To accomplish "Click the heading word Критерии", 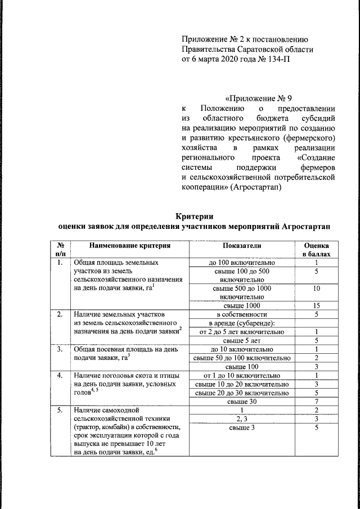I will point(195,216).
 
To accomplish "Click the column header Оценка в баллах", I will point(317,250).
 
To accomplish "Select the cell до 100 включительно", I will point(241,262).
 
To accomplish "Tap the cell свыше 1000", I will point(241,305).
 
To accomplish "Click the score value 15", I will point(317,305).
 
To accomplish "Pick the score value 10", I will point(317,288).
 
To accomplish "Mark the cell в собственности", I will point(241,314).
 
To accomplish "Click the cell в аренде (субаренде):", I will point(241,323).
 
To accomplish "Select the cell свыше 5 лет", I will point(241,340).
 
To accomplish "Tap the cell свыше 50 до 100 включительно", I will point(241,358).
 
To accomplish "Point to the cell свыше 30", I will point(241,401).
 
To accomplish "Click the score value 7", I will point(317,401).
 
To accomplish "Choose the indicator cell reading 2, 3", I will point(241,419).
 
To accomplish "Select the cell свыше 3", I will point(241,428).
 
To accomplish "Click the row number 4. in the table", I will point(59,375).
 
